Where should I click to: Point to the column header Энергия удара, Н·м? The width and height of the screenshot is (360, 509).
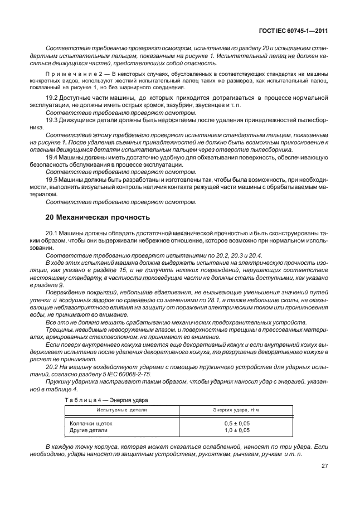(232, 409)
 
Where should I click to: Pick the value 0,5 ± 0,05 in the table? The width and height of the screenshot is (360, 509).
(232, 423)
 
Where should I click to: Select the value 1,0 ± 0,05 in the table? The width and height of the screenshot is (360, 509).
(232, 430)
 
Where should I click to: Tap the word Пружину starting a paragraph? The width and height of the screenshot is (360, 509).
(59, 389)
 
